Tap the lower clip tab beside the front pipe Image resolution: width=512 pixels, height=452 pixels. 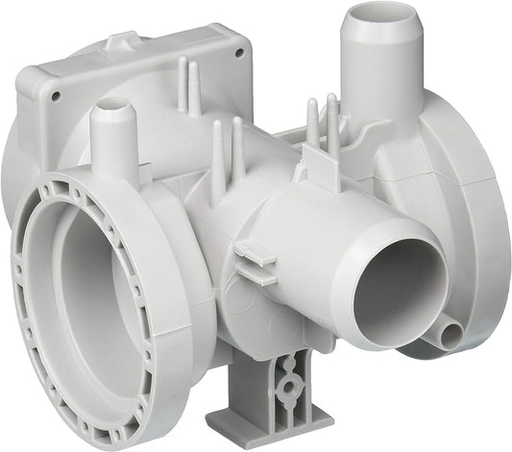tap(254, 275)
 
